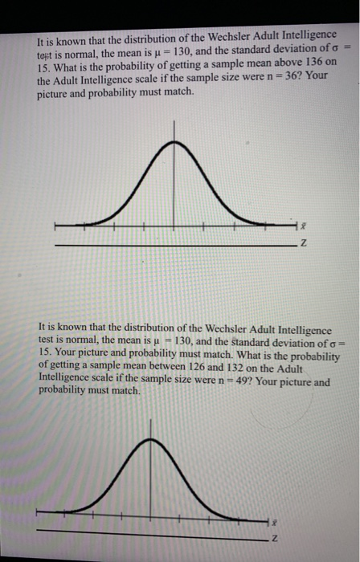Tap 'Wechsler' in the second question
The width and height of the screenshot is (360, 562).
(x=218, y=329)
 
